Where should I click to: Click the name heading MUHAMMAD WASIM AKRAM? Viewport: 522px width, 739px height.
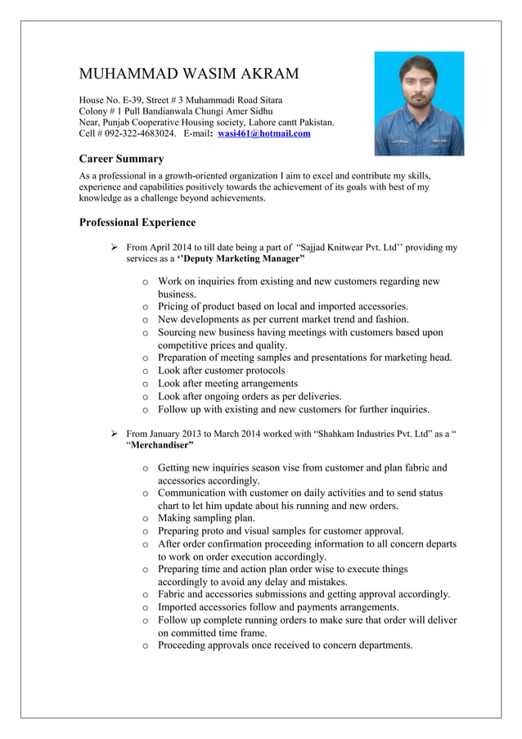point(188,74)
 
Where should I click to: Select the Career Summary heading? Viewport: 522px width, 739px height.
point(121,159)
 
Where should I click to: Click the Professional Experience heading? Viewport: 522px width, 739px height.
point(137,222)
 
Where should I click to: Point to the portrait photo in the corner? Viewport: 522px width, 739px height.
point(418,103)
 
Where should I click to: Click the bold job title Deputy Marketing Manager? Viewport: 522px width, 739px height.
point(242,259)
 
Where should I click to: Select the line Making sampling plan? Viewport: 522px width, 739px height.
point(206,518)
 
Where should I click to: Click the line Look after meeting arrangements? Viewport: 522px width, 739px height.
point(227,383)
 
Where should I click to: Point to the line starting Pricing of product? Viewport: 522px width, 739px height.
point(282,307)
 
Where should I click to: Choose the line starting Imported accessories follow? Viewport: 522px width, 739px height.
point(278,607)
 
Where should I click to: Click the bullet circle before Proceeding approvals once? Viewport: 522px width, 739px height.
point(145,646)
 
